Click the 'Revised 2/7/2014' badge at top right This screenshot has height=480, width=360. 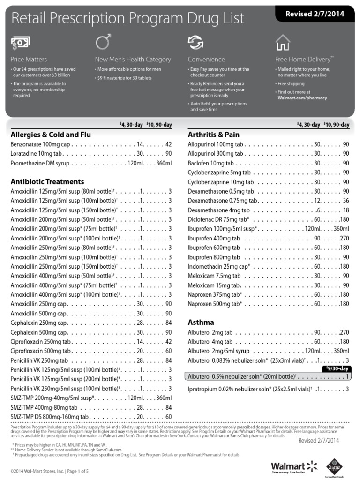click(x=315, y=14)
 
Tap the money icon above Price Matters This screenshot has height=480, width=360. click(x=21, y=43)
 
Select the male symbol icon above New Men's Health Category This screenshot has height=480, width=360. click(x=103, y=42)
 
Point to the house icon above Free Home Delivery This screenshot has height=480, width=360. click(x=283, y=42)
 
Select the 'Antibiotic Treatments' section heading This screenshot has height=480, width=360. click(x=47, y=181)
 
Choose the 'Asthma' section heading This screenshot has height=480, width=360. click(x=201, y=322)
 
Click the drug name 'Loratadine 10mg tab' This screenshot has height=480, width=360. click(x=37, y=153)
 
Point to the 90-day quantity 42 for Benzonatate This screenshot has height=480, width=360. click(x=169, y=144)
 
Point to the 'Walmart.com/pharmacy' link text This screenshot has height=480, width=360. click(x=302, y=98)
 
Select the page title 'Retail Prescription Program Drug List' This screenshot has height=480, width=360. click(x=127, y=18)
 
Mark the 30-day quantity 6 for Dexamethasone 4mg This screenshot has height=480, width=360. click(x=318, y=210)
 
